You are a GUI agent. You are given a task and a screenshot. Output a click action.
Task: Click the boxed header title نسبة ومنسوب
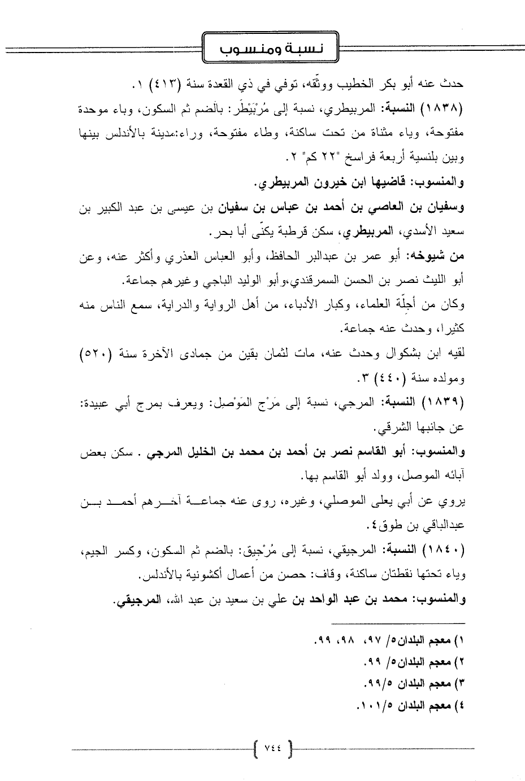click(x=269, y=51)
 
